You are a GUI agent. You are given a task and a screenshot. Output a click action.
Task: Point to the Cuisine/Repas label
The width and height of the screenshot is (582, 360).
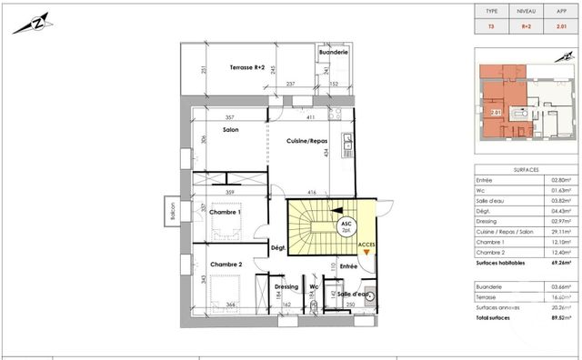[307, 141]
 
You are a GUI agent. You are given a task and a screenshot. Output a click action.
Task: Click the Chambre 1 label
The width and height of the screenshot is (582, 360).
[226, 213]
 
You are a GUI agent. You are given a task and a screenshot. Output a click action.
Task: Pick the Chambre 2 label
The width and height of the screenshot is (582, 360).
[226, 265]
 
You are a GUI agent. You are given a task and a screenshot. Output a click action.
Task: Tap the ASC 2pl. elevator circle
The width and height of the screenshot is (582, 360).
[346, 226]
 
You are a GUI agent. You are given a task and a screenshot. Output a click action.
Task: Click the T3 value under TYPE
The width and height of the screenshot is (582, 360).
[491, 27]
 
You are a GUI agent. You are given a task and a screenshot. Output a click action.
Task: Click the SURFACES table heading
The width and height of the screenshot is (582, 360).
[527, 169]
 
